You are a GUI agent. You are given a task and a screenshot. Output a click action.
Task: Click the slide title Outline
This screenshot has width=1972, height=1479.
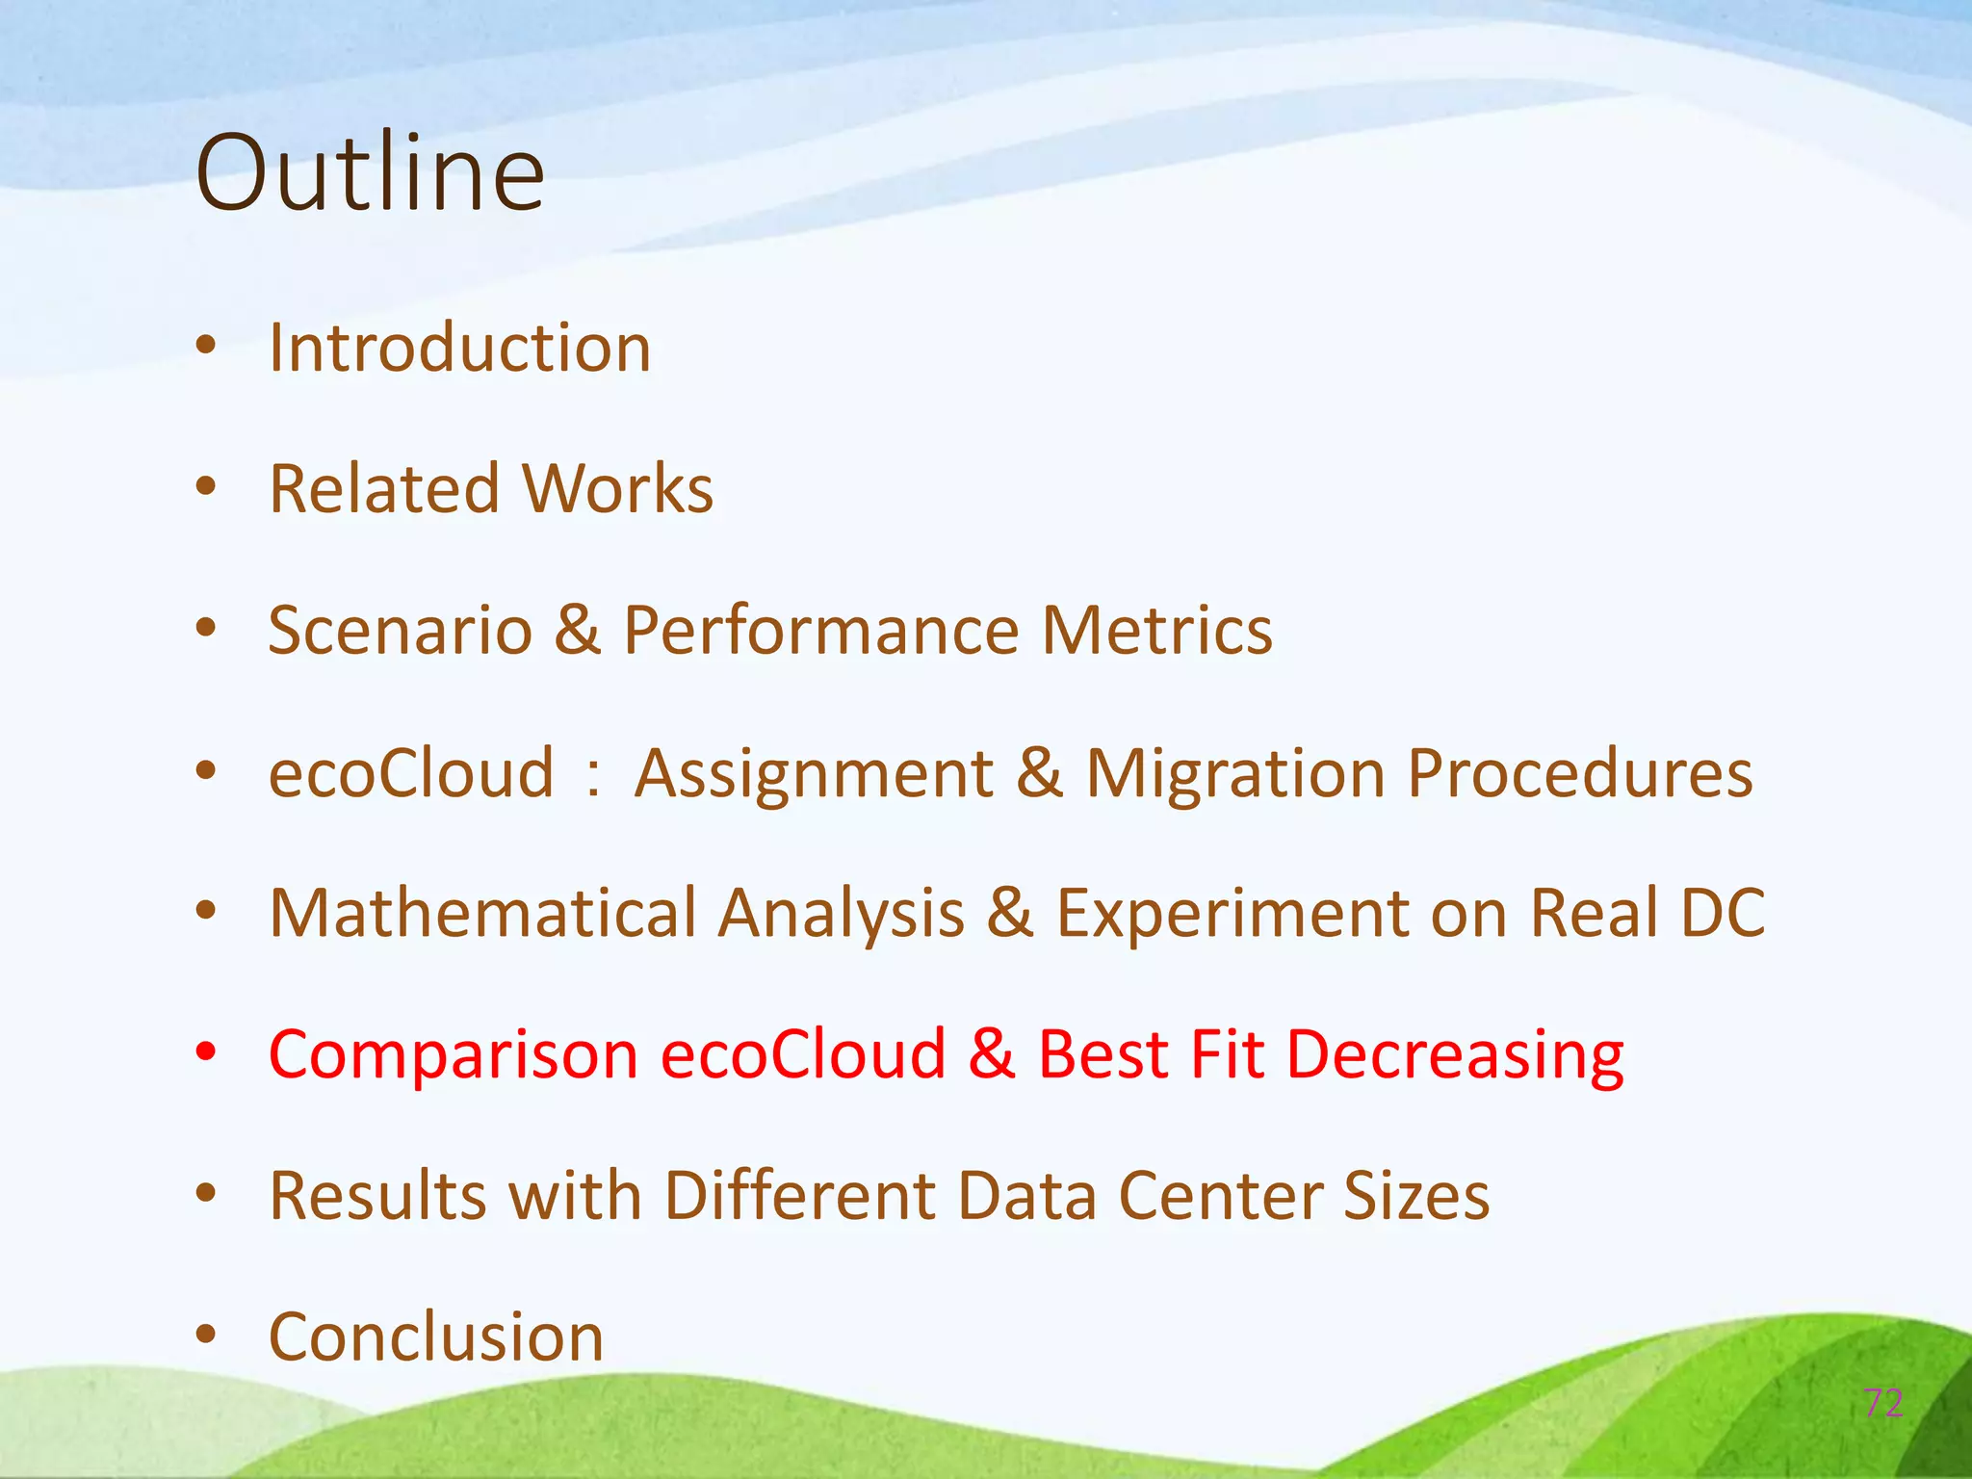tap(370, 173)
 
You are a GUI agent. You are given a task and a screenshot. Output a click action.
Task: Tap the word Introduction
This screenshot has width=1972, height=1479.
tap(459, 348)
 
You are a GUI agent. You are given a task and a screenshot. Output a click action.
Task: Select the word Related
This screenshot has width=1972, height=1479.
tap(384, 489)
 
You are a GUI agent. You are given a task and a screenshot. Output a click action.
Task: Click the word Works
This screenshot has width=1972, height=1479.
tap(617, 489)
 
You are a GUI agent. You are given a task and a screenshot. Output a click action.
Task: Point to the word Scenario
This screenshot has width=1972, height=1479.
tap(400, 631)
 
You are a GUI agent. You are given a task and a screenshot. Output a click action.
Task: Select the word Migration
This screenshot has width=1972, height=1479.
tap(1235, 773)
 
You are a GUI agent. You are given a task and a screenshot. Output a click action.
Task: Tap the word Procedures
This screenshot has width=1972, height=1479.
tap(1579, 773)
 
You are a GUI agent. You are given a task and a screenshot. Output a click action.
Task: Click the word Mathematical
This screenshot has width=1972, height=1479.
tap(482, 913)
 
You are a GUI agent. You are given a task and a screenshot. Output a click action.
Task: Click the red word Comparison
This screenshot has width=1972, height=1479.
tap(454, 1054)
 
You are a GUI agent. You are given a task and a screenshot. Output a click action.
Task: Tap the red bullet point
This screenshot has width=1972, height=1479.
tap(205, 1052)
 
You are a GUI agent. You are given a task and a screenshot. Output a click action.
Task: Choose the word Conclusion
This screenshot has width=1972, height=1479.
tap(435, 1337)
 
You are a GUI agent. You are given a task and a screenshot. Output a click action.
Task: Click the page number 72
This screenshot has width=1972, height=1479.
tap(1883, 1403)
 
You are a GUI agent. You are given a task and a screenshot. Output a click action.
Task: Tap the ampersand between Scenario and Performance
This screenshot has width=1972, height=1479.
tap(578, 631)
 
